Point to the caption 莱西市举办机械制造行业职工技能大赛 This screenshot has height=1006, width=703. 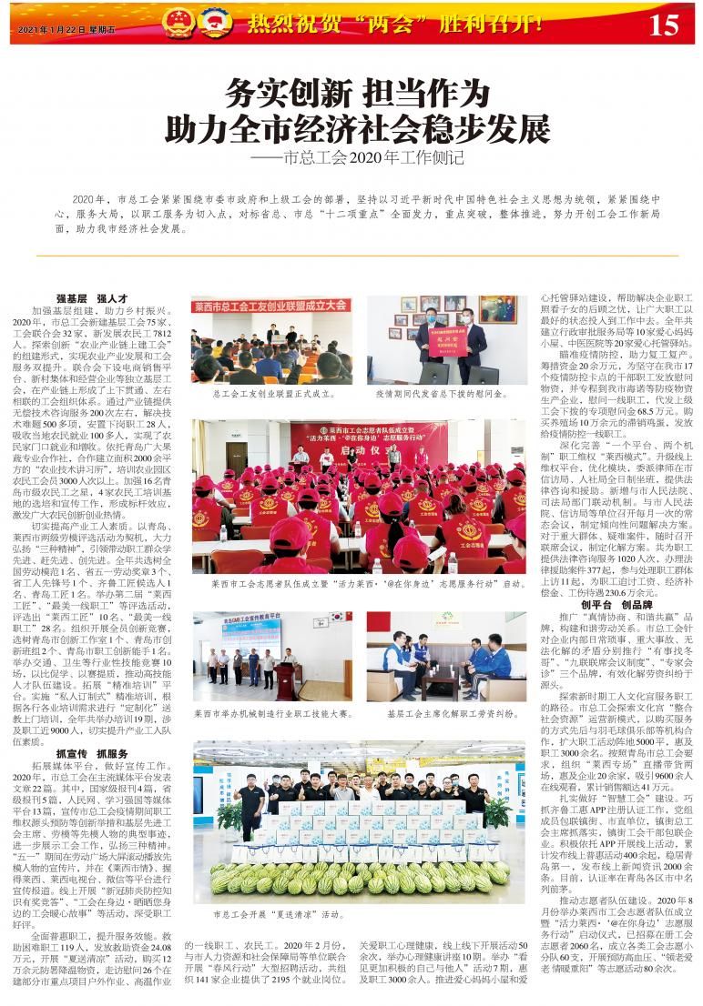tap(272, 714)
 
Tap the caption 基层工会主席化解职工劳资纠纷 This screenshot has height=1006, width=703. tap(446, 714)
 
